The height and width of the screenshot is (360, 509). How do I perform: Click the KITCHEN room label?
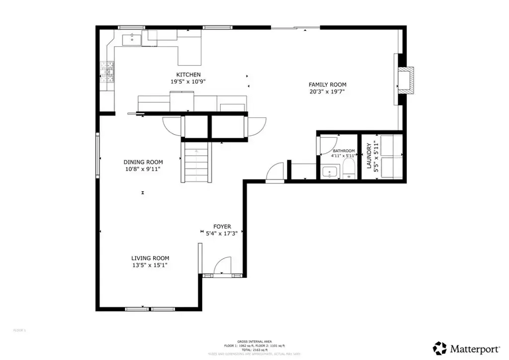pyautogui.click(x=188, y=75)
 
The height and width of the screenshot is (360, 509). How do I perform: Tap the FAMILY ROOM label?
pyautogui.click(x=327, y=85)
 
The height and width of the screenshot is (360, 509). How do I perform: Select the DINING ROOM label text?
pyautogui.click(x=143, y=162)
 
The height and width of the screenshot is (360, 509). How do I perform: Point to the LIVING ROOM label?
pyautogui.click(x=150, y=258)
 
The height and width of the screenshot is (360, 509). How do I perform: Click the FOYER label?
pyautogui.click(x=222, y=226)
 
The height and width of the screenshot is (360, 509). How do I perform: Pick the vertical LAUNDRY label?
pyautogui.click(x=369, y=156)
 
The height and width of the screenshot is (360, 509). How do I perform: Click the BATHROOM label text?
pyautogui.click(x=343, y=151)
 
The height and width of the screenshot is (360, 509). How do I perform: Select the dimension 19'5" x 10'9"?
pyautogui.click(x=188, y=82)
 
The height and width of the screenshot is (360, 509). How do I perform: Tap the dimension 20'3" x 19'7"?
pyautogui.click(x=327, y=91)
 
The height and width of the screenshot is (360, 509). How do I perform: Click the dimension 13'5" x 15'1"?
pyautogui.click(x=150, y=265)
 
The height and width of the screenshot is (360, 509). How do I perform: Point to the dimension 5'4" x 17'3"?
pyautogui.click(x=222, y=233)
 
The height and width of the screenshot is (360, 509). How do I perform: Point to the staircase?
pyautogui.click(x=195, y=162)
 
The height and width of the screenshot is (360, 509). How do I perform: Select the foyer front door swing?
pyautogui.click(x=224, y=265)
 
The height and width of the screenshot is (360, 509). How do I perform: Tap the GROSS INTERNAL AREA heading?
pyautogui.click(x=254, y=341)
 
